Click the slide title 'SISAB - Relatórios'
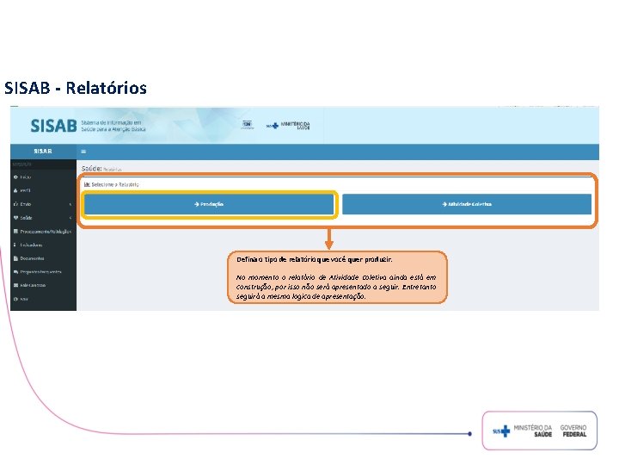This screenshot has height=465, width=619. (76, 88)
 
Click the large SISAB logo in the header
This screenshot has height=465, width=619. (53, 125)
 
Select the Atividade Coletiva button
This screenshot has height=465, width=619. (467, 204)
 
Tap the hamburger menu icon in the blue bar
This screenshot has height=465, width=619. (83, 151)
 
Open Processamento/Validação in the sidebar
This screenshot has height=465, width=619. (44, 231)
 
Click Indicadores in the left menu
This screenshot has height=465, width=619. (34, 245)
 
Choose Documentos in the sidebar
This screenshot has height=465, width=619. (34, 258)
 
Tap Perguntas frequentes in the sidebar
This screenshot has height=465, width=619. (42, 272)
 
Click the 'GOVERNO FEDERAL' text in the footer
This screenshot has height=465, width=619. (573, 431)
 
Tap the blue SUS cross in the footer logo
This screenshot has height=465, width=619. (506, 431)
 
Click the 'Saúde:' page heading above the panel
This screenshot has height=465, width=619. (91, 169)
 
